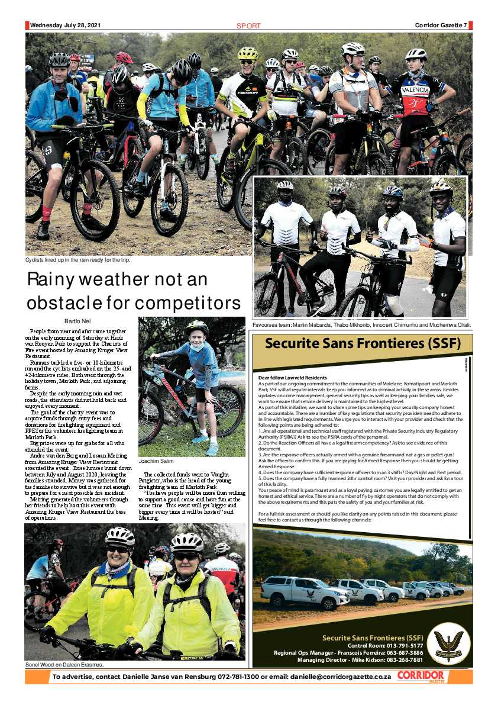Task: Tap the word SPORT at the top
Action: tap(248, 26)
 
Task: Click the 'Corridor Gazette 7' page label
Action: tap(441, 25)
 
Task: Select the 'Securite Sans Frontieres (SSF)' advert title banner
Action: tap(362, 344)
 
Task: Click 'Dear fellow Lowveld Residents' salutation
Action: tap(293, 378)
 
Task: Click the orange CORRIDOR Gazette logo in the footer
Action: tap(421, 677)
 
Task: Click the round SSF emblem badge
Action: tap(448, 645)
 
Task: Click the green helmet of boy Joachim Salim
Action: tap(198, 327)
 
